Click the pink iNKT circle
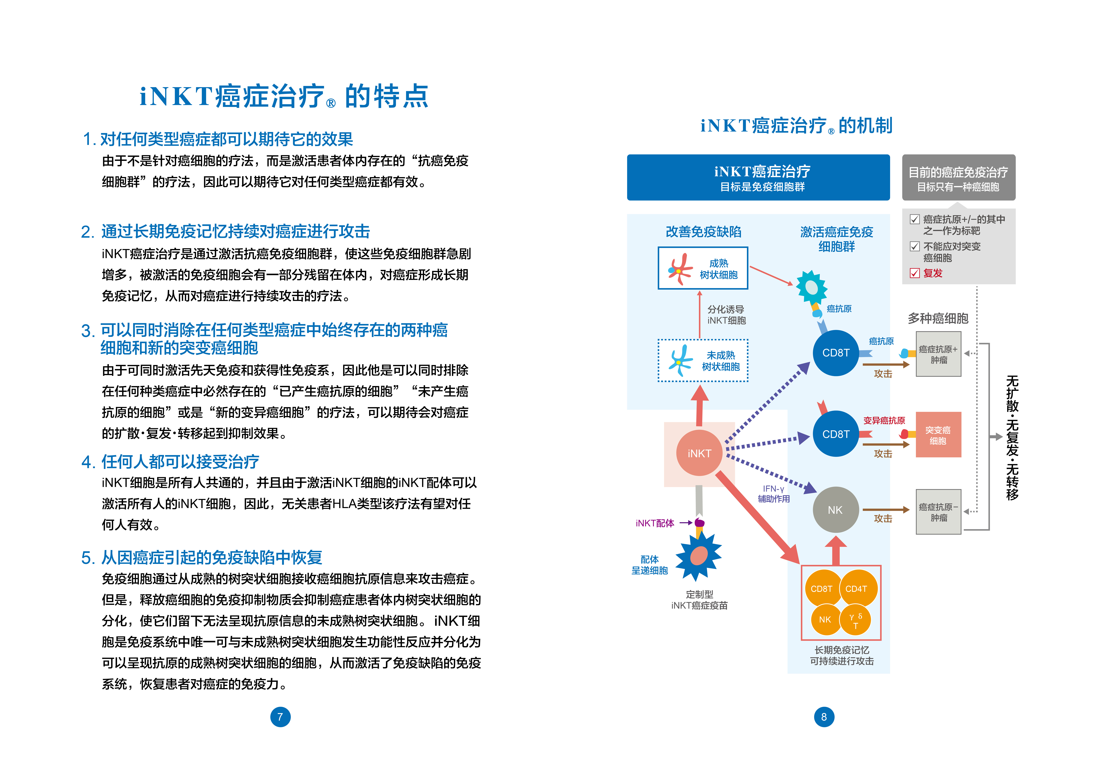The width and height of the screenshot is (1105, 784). pos(699,453)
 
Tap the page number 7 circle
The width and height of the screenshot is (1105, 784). pos(280,717)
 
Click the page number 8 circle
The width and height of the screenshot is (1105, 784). pos(824,717)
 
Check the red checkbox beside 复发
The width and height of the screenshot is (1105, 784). pos(914,273)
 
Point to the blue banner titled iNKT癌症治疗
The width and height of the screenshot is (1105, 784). pos(758,177)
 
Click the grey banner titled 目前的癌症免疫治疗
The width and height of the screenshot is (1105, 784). pos(959,177)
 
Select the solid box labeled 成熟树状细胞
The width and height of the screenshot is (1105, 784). pos(703,268)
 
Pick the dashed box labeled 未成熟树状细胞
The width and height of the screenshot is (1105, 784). pos(703,361)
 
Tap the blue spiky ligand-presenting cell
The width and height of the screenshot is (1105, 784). pos(699,556)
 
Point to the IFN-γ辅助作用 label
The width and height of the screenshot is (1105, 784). pos(774,494)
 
